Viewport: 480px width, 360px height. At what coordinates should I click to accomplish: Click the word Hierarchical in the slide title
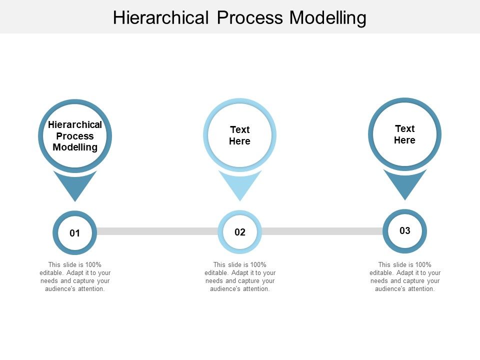click(160, 18)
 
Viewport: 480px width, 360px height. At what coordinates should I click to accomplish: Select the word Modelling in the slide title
click(328, 18)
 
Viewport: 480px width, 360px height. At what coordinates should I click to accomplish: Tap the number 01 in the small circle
click(74, 233)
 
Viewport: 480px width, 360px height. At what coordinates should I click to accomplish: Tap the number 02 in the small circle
click(240, 232)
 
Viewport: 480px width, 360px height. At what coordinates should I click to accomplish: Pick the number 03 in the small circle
click(404, 230)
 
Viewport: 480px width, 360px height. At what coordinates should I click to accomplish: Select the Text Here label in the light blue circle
click(239, 135)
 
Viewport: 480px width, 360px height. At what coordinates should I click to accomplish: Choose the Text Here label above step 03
click(404, 134)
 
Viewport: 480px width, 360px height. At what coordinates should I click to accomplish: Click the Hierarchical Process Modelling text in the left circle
click(75, 136)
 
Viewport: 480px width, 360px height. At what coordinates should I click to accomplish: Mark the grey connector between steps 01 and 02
click(157, 231)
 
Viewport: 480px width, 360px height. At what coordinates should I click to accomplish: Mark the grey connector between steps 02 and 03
click(322, 231)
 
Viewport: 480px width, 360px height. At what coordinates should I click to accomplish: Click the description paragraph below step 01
click(75, 276)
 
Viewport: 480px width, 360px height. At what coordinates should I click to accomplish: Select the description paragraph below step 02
click(240, 276)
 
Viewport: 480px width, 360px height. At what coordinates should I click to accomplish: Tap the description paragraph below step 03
click(405, 276)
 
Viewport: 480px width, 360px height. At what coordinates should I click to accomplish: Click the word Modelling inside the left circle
click(75, 147)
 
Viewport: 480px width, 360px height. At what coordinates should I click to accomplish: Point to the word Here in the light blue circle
click(239, 141)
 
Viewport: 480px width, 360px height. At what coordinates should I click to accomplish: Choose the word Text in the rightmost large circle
click(404, 129)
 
